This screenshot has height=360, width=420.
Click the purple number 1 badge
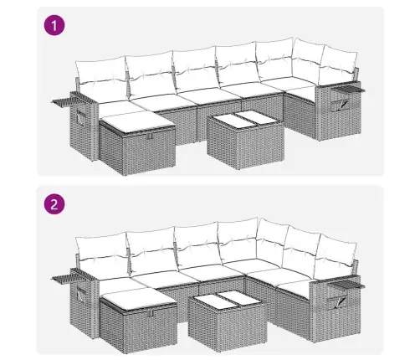[x=54, y=25]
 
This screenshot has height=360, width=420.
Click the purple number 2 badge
[x=54, y=204]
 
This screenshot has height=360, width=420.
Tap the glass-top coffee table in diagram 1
[x=246, y=140]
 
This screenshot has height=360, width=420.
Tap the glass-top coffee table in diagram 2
[x=227, y=320]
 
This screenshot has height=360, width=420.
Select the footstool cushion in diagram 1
[x=136, y=122]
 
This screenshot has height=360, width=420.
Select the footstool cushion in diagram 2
[x=138, y=300]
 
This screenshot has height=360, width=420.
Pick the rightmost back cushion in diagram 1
[x=338, y=63]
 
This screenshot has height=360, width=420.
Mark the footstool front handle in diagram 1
[x=151, y=136]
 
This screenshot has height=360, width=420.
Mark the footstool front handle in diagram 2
[x=151, y=313]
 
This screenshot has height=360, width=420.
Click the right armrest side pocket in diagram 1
[x=340, y=105]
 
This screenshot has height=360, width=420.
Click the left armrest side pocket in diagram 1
[x=80, y=117]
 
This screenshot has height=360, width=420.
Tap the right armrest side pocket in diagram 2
[x=337, y=301]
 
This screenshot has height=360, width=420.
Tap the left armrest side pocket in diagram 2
[x=81, y=295]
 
